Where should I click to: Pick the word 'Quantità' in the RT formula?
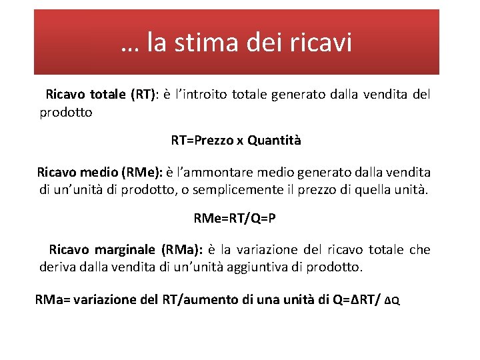point(274,141)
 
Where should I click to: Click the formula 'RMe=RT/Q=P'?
point(234,219)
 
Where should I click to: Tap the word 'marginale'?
point(123,250)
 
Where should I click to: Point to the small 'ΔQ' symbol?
point(393,301)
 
